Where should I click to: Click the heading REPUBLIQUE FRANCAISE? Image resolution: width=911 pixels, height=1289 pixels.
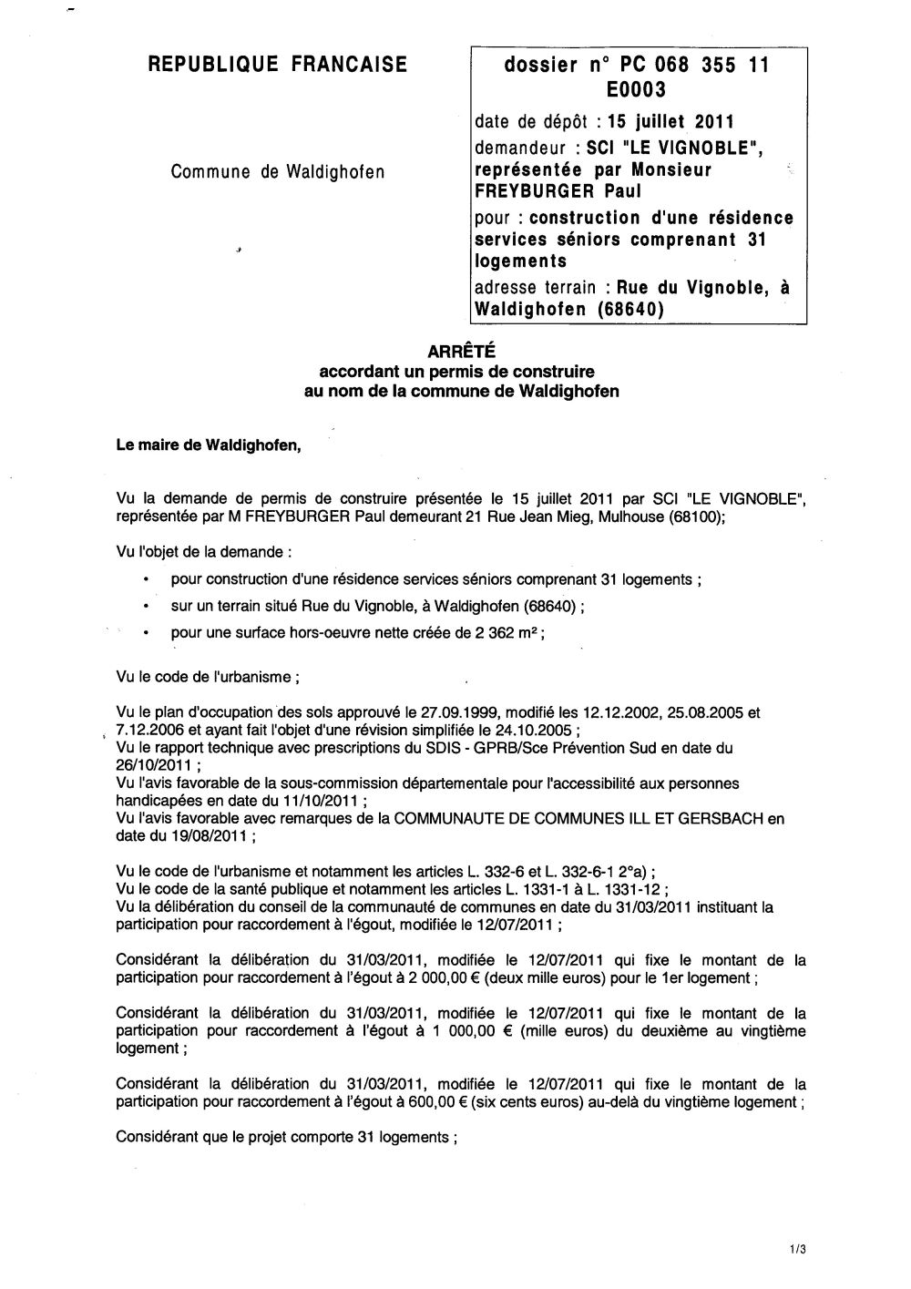(x=277, y=65)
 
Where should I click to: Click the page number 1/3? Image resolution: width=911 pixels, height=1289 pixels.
(x=799, y=1251)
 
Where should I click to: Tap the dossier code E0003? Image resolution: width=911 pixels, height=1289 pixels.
(x=636, y=89)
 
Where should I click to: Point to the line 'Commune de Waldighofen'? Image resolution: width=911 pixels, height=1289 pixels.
(x=278, y=172)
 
